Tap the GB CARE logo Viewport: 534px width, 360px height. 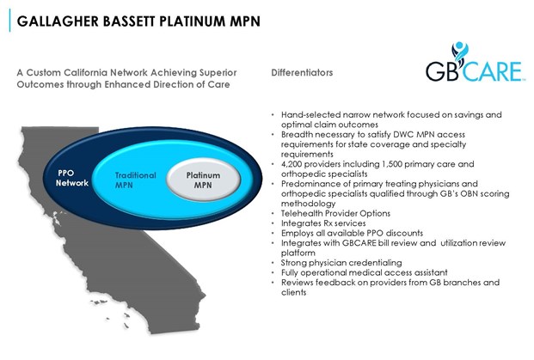475,62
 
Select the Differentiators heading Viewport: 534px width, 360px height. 302,72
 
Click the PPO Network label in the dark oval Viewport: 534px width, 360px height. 72,178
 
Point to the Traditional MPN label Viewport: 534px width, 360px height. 135,180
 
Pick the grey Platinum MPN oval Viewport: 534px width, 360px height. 203,180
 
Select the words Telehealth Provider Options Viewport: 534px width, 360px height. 335,214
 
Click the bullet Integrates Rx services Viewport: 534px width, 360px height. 323,223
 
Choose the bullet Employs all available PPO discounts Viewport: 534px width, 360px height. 352,234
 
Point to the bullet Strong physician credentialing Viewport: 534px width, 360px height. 341,263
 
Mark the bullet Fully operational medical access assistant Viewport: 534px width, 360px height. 364,273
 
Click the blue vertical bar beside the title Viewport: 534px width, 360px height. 9,21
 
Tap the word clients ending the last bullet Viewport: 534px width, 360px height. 293,293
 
